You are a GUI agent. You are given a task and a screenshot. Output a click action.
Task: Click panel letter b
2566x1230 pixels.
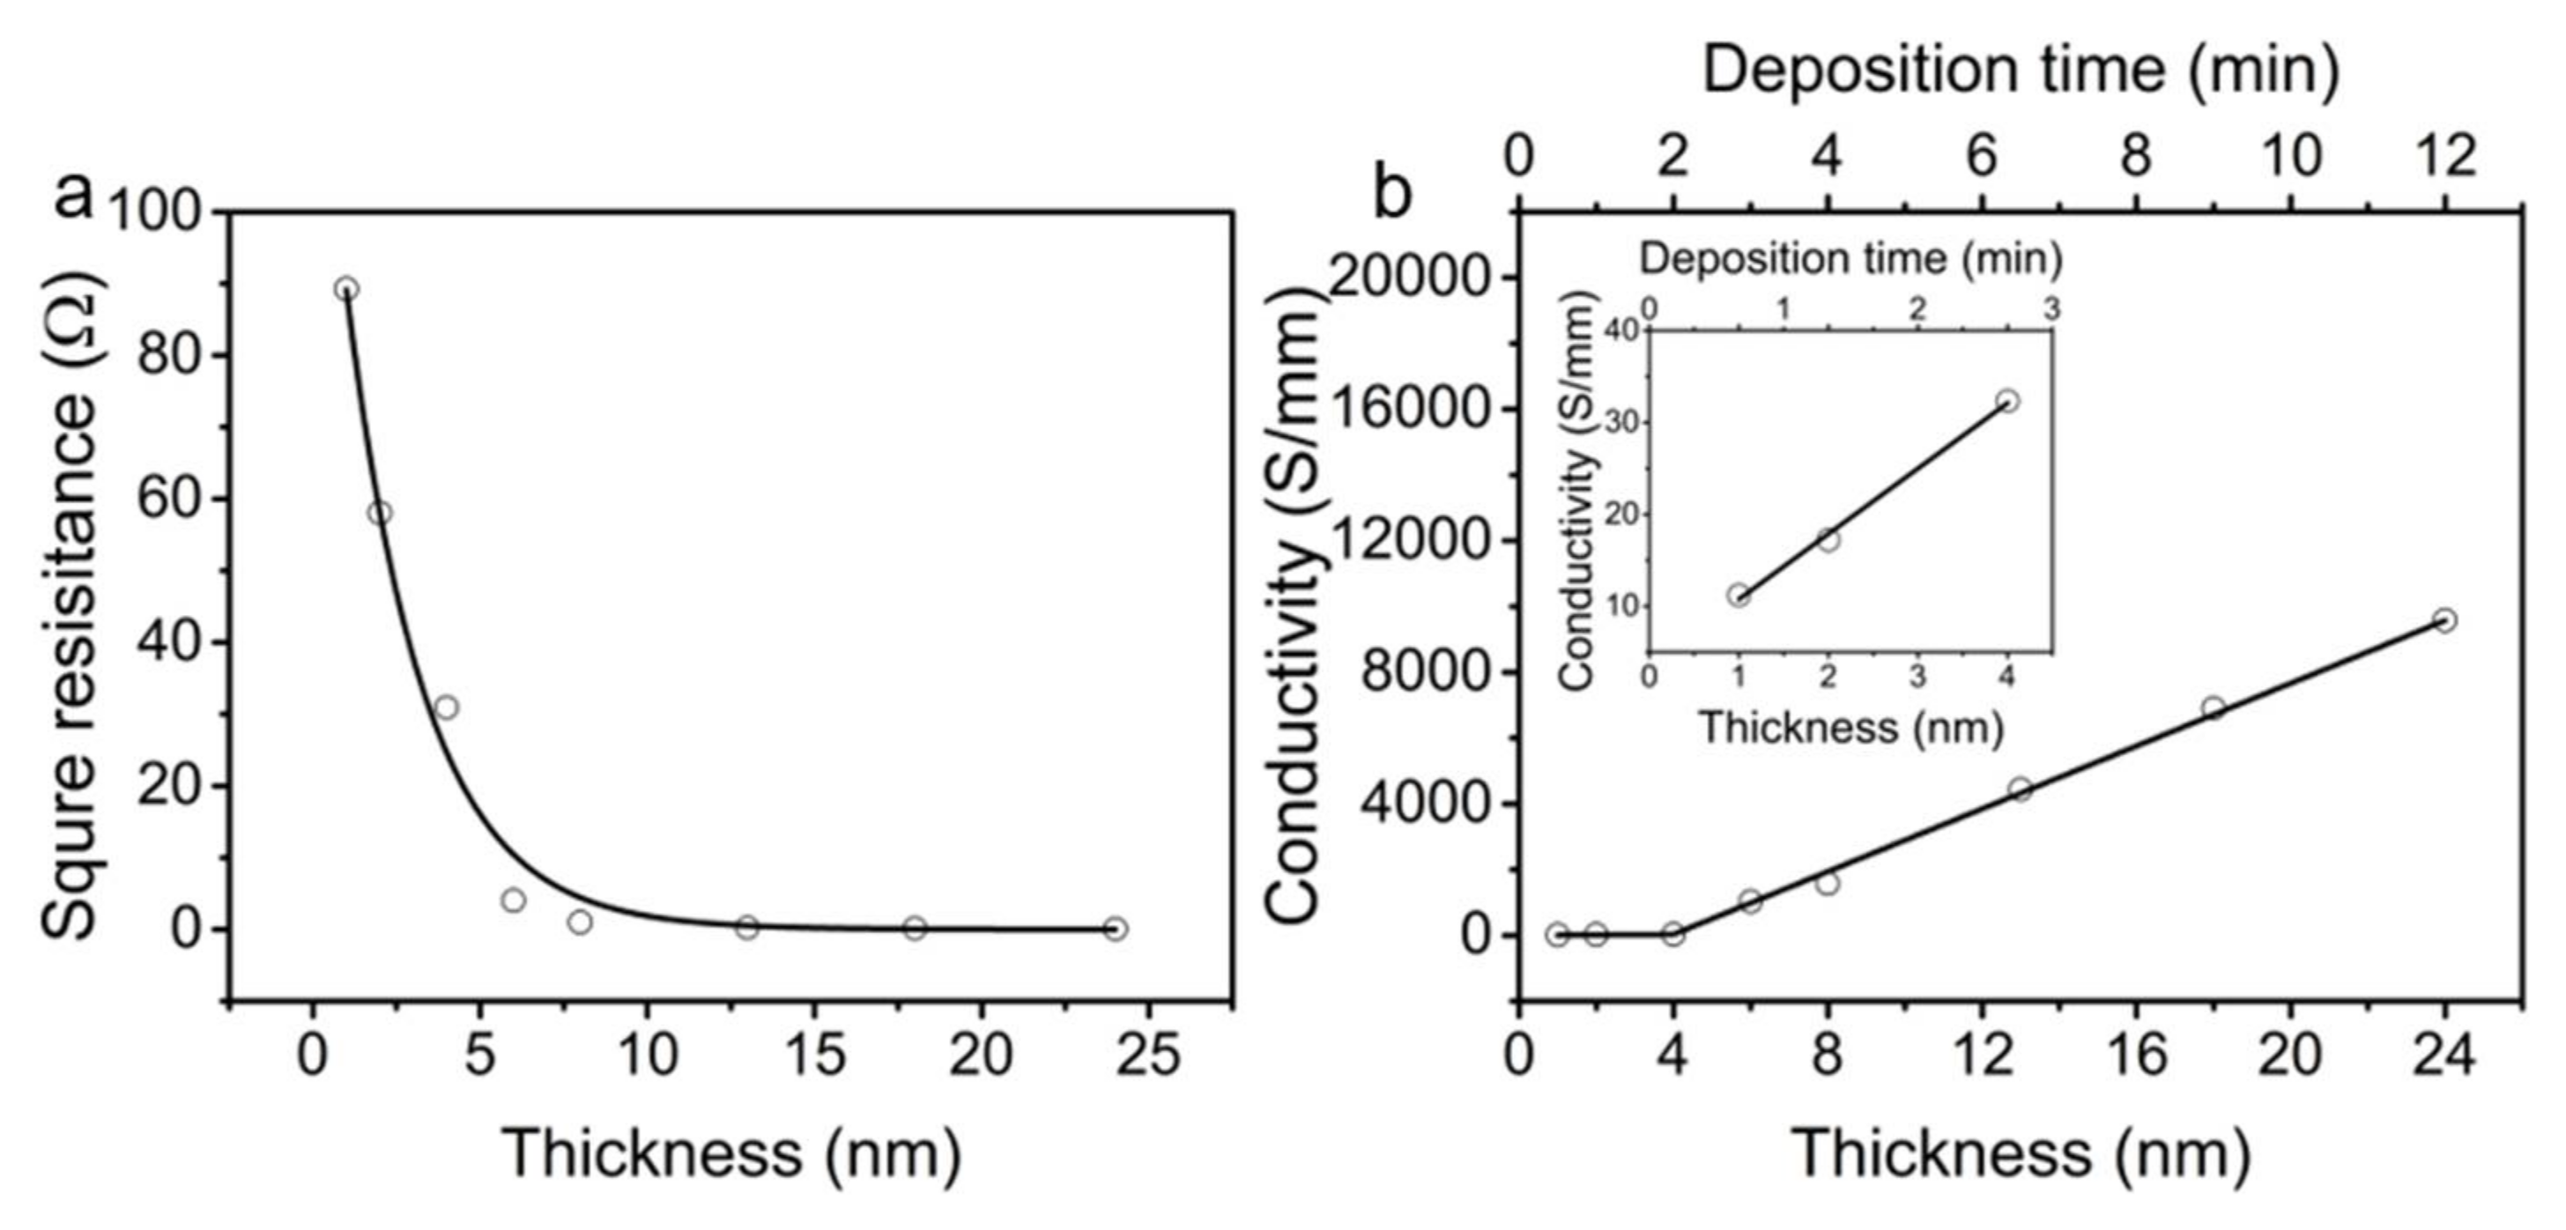click(1392, 196)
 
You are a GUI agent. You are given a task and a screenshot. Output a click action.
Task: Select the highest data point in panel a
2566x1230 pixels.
click(345, 289)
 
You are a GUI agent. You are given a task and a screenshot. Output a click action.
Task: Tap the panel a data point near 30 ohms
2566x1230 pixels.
click(446, 708)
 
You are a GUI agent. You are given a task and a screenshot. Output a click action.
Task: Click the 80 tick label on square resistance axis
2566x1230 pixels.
click(167, 356)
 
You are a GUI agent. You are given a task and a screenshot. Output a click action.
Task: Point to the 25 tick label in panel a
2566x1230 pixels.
click(1148, 1055)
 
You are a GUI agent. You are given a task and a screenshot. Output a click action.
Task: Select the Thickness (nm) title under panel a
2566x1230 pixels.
click(732, 1153)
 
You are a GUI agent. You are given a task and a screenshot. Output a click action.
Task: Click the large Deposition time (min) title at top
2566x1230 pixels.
click(2021, 71)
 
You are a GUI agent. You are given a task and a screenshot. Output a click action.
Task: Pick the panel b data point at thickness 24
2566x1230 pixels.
click(2444, 620)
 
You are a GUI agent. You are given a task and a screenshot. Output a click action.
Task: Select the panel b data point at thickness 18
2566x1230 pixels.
click(2214, 708)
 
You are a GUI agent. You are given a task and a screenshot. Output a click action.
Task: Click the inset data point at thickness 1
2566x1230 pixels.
click(1739, 596)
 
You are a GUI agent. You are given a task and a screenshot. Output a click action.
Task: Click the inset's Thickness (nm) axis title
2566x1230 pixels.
click(1850, 728)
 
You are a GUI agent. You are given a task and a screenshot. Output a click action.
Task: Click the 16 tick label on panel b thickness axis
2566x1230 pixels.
click(2136, 1055)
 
